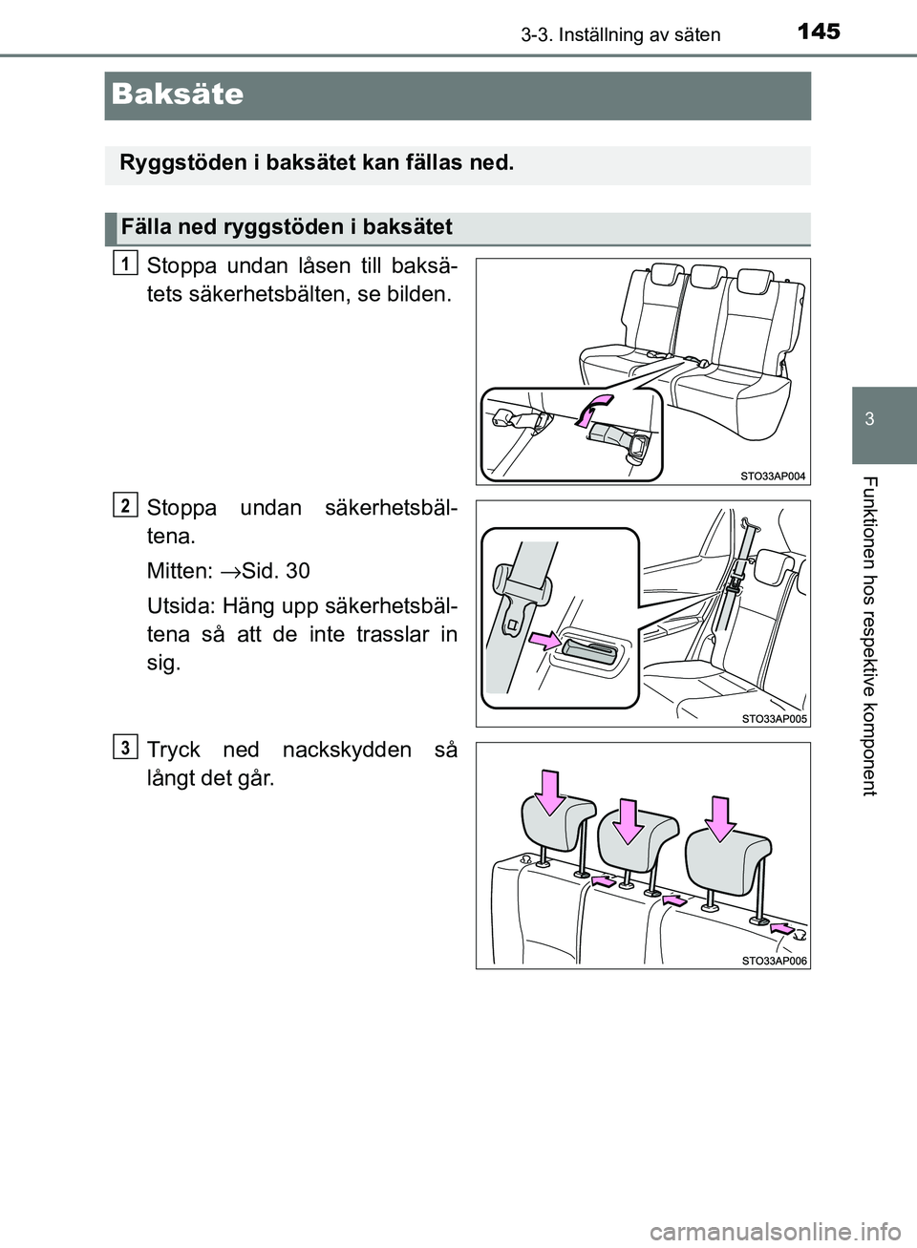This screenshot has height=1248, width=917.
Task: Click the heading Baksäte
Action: (178, 95)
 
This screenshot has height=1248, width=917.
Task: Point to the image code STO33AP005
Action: (774, 718)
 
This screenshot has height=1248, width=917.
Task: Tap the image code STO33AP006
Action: (774, 960)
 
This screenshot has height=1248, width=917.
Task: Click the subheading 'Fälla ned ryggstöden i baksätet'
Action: (287, 227)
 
